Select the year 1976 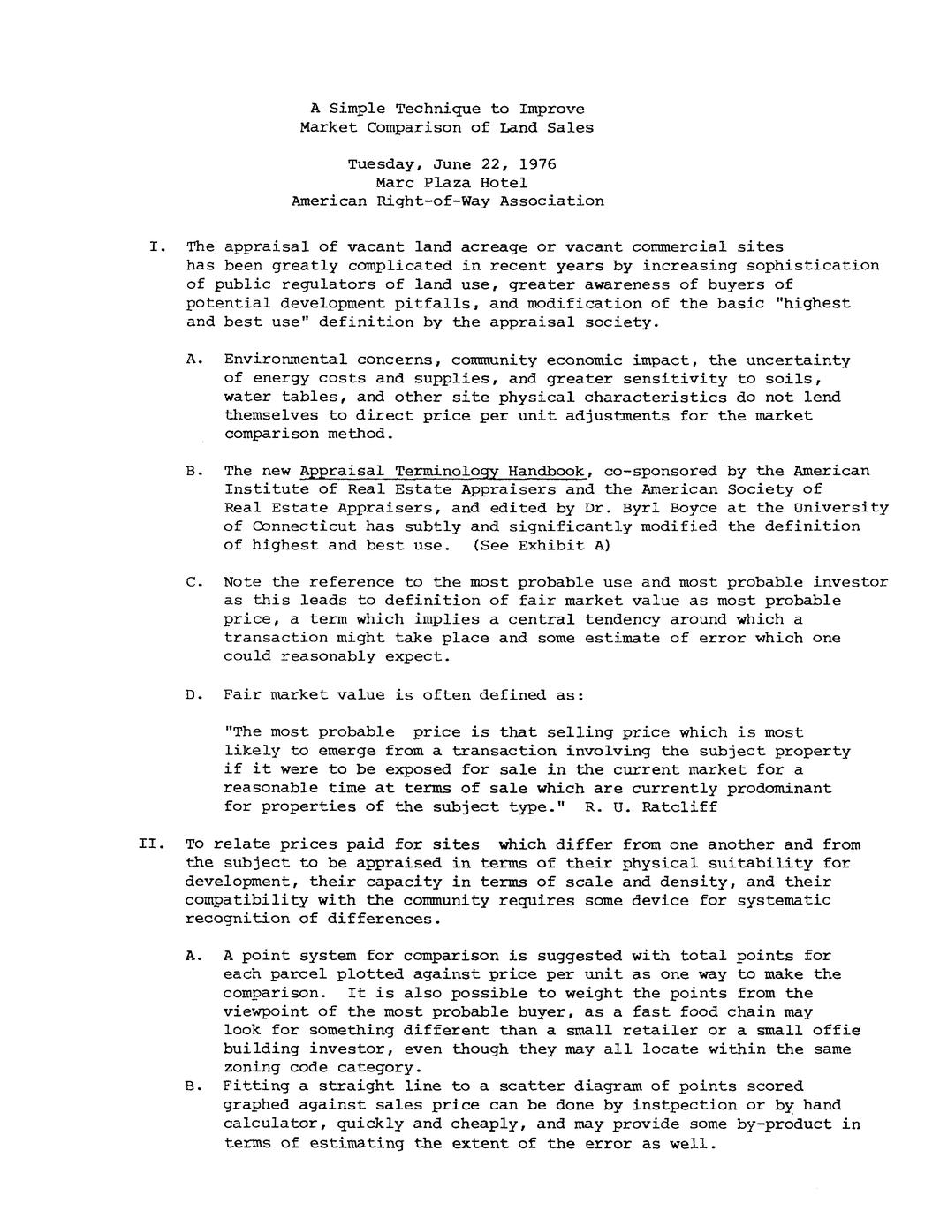click(538, 164)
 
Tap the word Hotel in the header click(504, 183)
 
